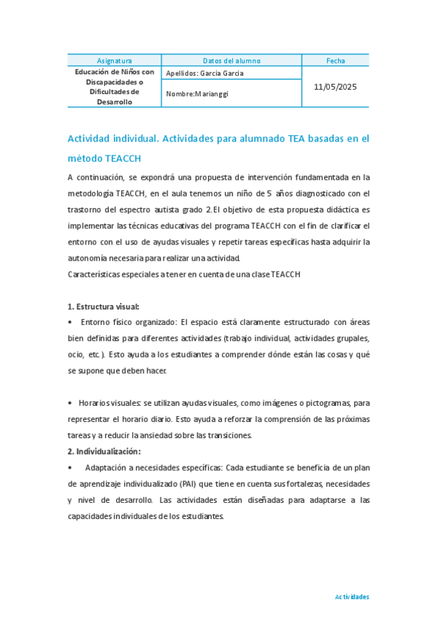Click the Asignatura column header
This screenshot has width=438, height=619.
tap(115, 61)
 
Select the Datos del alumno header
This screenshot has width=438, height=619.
tap(231, 61)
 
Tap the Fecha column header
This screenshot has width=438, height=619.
tap(336, 61)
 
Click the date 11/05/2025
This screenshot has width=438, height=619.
tap(336, 87)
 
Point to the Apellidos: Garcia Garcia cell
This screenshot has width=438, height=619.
tap(205, 73)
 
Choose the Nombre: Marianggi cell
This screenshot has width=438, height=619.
tap(197, 93)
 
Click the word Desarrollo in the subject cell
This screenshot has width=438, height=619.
tap(115, 102)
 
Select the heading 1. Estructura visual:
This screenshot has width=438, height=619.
tap(103, 307)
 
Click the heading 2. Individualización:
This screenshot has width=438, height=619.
tap(104, 451)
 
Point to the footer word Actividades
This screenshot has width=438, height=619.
tap(352, 596)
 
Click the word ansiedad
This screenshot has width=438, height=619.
tap(187, 435)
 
